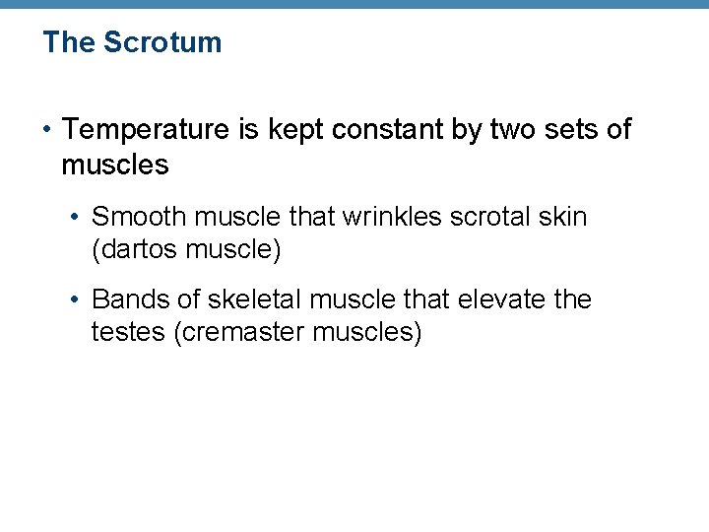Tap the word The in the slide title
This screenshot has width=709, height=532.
pyautogui.click(x=69, y=42)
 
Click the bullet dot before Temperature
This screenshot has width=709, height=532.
pyautogui.click(x=47, y=130)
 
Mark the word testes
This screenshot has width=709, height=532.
pyautogui.click(x=128, y=332)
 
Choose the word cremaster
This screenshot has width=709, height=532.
pyautogui.click(x=241, y=332)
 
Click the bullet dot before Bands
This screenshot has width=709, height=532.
pyautogui.click(x=78, y=299)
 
